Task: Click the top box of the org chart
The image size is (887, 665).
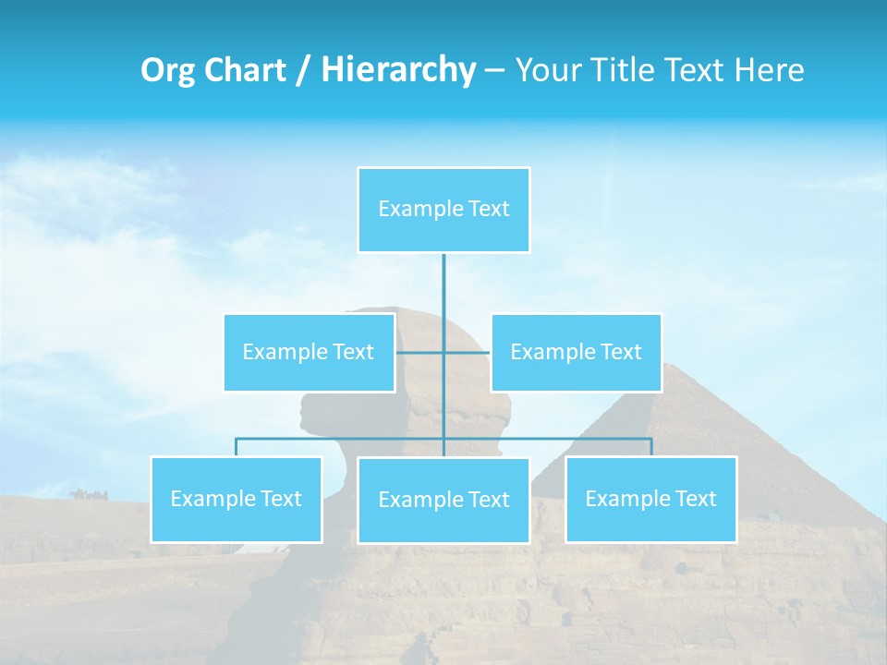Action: click(443, 210)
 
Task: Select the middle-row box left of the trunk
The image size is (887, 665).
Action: click(309, 352)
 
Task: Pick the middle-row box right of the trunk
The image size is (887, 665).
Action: click(576, 352)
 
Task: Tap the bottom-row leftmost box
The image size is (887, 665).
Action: click(236, 499)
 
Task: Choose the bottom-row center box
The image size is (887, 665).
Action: click(443, 500)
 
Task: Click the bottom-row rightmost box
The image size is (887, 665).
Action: click(650, 499)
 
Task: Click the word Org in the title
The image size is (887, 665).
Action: click(167, 70)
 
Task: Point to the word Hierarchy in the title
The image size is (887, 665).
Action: click(397, 70)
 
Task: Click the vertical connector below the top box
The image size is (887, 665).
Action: click(443, 296)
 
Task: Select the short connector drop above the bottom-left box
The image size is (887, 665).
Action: click(236, 447)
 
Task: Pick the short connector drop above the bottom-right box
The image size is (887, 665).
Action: click(650, 447)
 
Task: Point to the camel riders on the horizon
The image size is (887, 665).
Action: click(88, 494)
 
